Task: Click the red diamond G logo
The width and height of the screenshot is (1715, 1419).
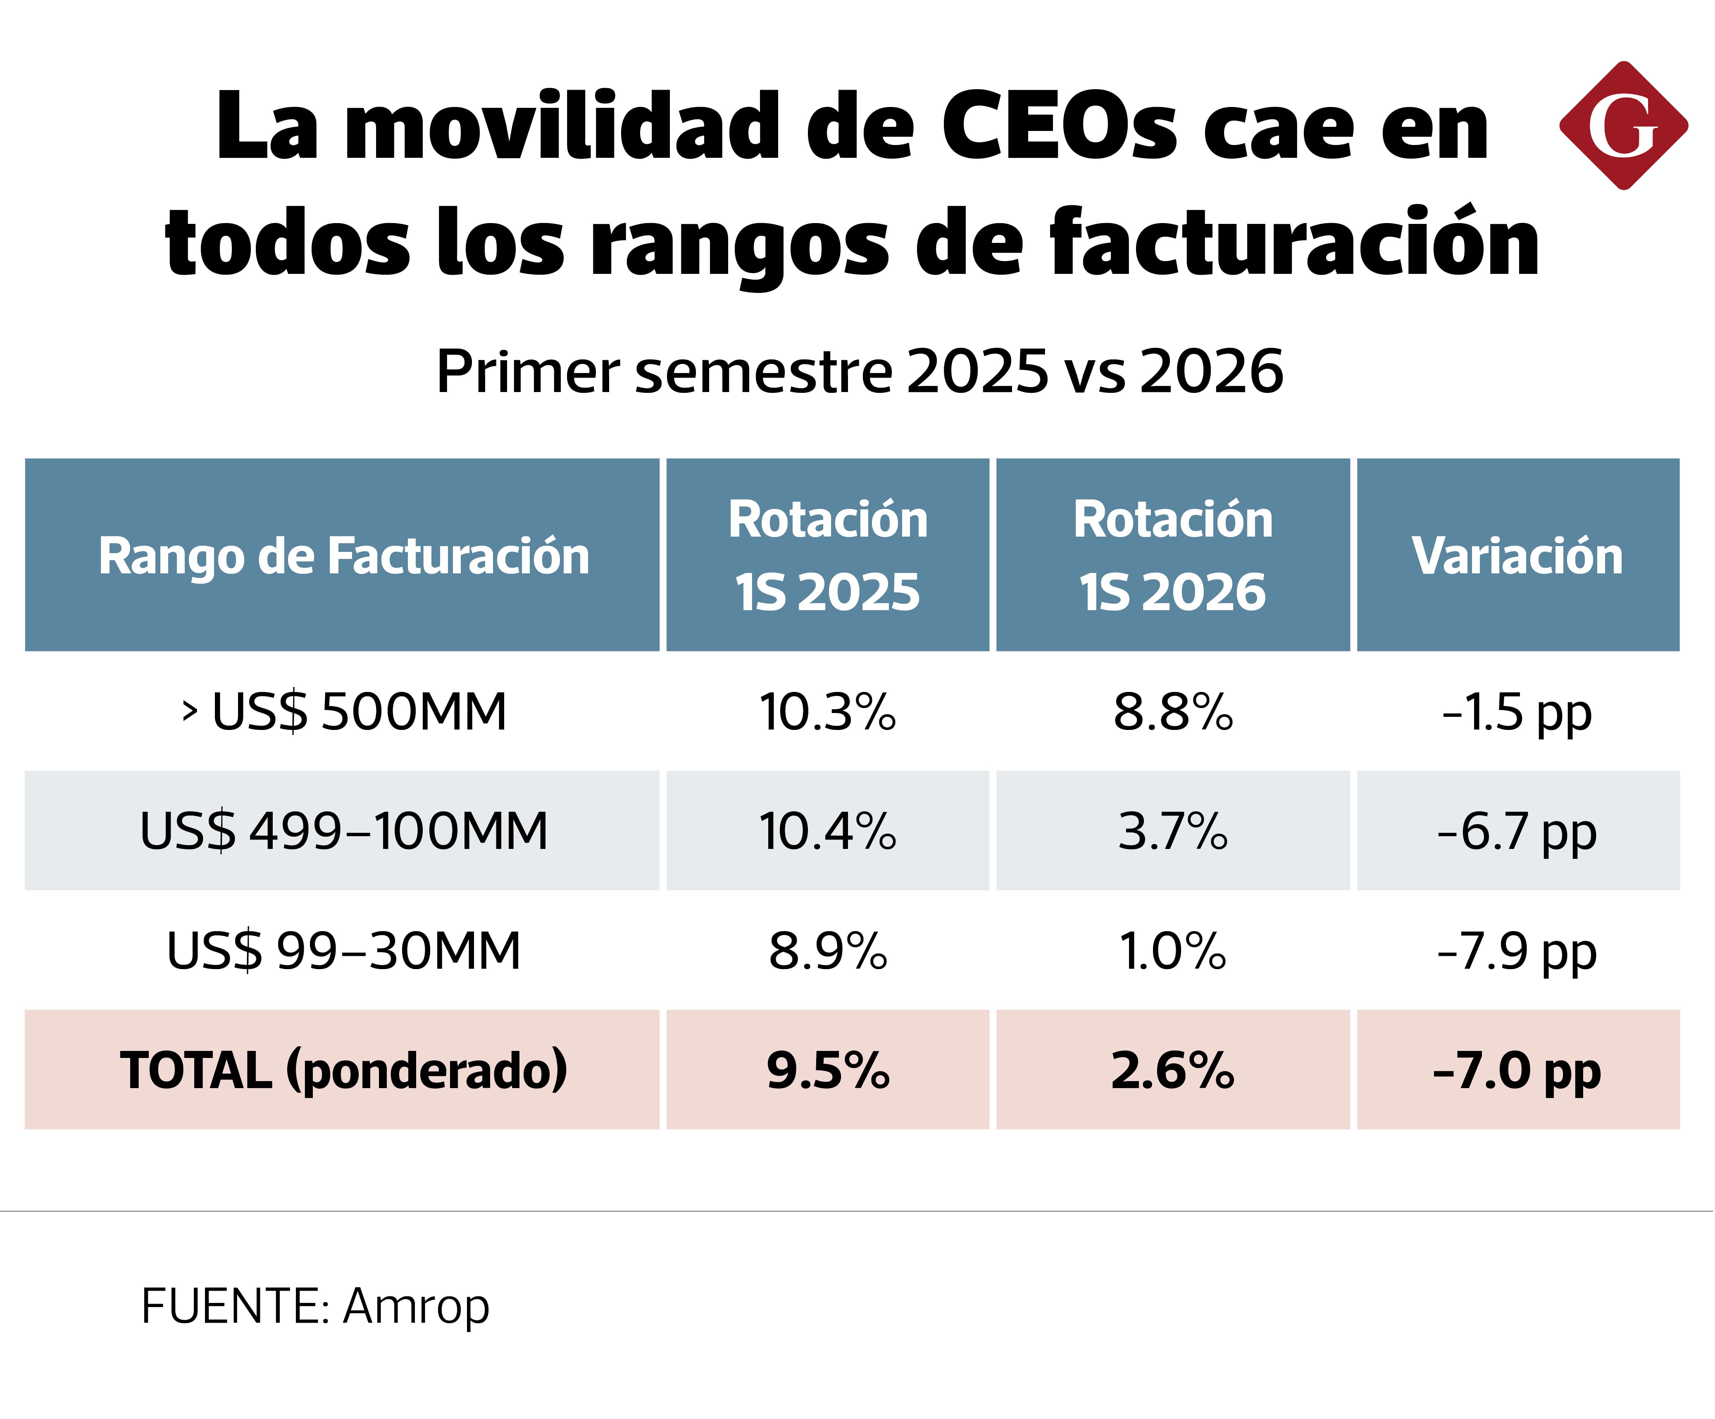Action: click(1624, 126)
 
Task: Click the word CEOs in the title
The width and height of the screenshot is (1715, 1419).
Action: click(1060, 126)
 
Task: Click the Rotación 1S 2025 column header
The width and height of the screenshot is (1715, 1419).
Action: click(828, 555)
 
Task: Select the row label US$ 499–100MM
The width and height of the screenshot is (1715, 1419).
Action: click(344, 831)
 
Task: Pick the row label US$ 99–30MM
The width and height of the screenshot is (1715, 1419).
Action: click(344, 951)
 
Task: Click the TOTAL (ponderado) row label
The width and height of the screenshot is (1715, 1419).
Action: click(344, 1070)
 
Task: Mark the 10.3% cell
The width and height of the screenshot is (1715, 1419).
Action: click(828, 712)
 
